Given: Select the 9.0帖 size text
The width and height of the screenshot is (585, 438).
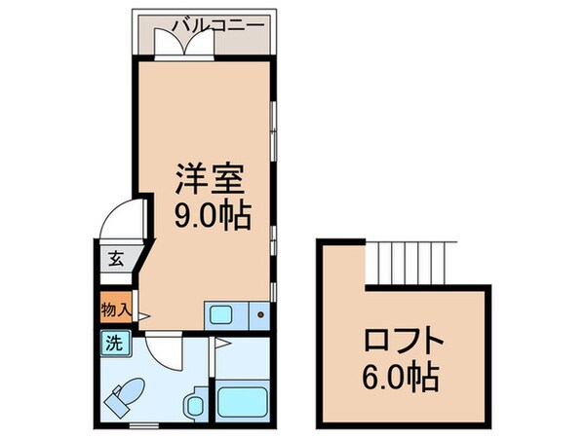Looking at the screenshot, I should pos(210,214).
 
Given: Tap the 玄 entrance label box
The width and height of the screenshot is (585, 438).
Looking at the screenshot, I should pos(114,260).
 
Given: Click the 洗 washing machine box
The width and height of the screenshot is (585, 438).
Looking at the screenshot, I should pos(113,343).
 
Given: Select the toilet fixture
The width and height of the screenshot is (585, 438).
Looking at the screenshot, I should pos(128,397).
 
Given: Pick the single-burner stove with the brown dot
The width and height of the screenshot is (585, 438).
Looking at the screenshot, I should pos(259,314).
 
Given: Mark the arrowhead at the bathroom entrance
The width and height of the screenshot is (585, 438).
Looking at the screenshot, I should pos(220,343).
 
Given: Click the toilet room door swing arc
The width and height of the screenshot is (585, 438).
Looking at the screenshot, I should pos(164,352).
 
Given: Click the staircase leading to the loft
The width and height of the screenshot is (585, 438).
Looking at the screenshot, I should pos(409,261).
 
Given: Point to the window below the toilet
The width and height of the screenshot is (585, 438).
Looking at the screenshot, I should pos(142,425).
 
